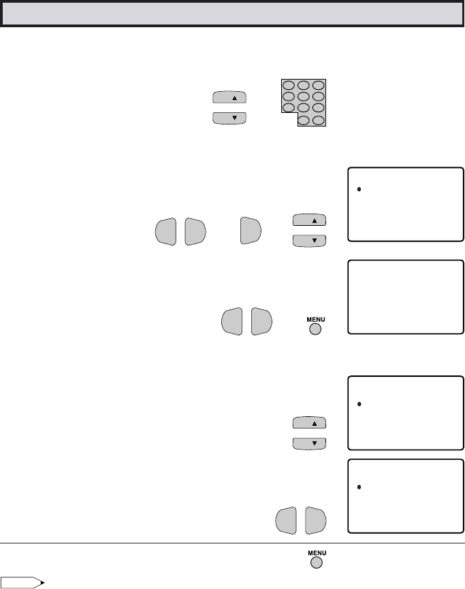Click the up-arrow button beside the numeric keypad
point(229,97)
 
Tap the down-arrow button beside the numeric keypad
point(229,118)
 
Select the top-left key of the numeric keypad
point(289,85)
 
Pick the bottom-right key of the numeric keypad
point(319,120)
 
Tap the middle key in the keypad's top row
point(304,85)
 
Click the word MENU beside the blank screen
point(315,318)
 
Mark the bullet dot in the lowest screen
point(359,487)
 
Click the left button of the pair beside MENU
point(233,321)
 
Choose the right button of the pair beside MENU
point(261,321)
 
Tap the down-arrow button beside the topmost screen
point(309,240)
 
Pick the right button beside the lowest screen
point(315,520)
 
